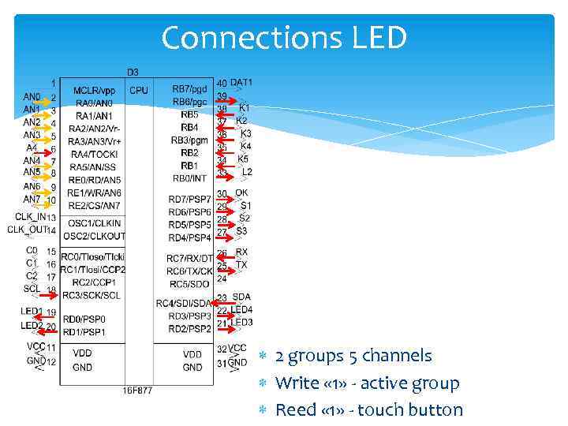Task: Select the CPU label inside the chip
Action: click(139, 91)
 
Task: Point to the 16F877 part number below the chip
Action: click(137, 390)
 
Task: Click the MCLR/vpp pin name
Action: click(94, 91)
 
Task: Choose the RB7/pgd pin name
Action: click(189, 89)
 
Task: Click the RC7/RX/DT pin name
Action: click(189, 258)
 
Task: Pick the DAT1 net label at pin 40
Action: click(241, 82)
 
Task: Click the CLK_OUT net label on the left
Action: click(22, 230)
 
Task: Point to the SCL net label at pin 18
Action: click(32, 289)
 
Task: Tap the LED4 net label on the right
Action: click(241, 310)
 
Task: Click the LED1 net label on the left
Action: click(32, 311)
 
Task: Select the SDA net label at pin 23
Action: click(241, 297)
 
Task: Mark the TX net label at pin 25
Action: click(241, 265)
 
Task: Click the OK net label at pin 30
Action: click(241, 192)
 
